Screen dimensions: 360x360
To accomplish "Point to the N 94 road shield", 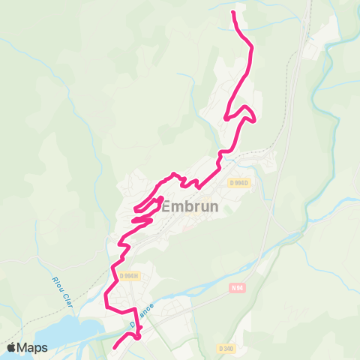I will click(238, 288).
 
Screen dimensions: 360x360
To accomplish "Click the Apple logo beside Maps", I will click(12, 347).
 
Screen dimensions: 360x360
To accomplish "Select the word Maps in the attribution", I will click(34, 347).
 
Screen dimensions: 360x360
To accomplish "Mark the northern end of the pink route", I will click(234, 13).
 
